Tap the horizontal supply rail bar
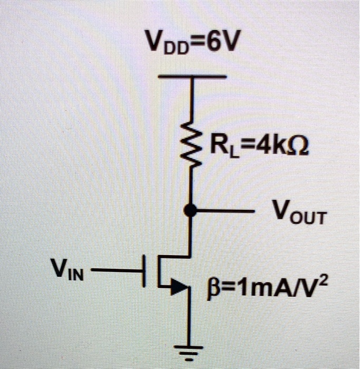pos(192,77)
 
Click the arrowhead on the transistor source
pos(181,287)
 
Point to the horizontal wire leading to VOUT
pos(227,211)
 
